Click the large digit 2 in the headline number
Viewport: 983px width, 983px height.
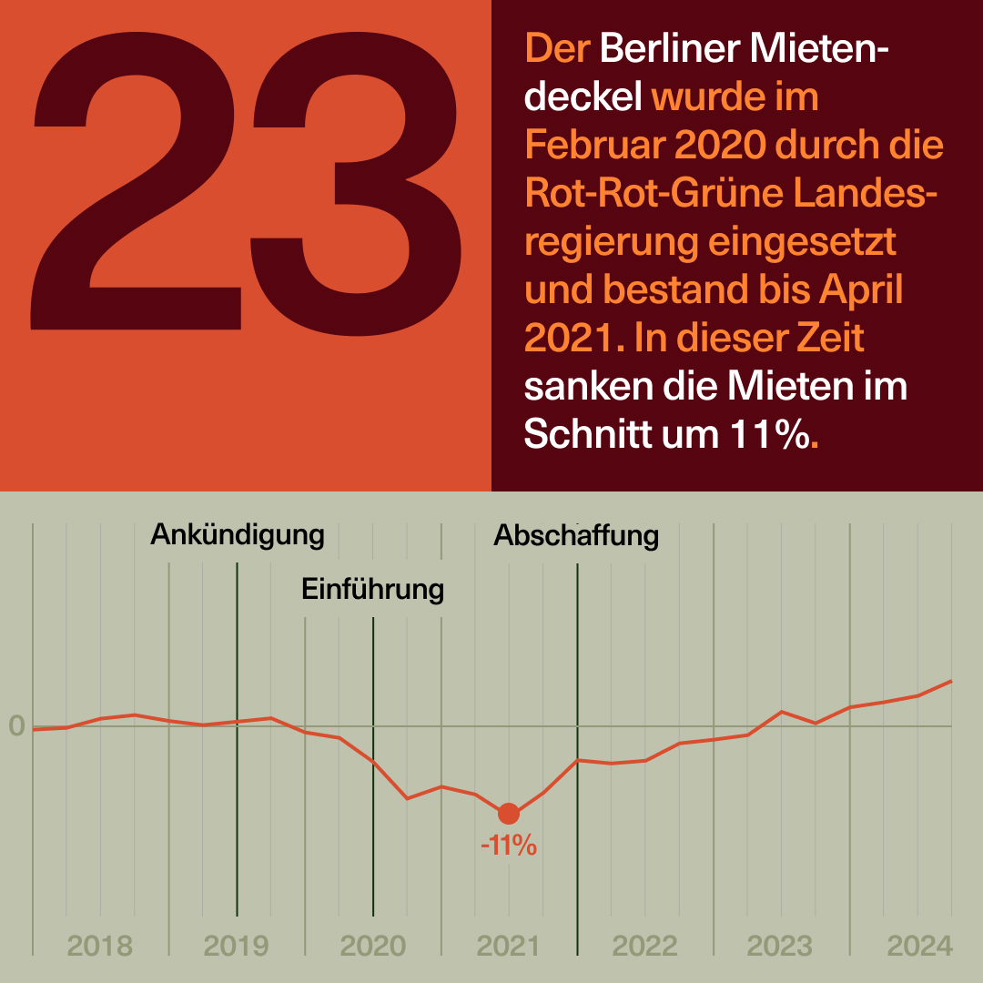point(137,182)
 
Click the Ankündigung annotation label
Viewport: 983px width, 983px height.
point(238,534)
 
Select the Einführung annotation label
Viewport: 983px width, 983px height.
point(372,589)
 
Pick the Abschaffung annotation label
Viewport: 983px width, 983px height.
point(576,535)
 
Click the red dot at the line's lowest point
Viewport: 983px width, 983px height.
point(509,814)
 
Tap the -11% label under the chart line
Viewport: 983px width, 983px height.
point(509,846)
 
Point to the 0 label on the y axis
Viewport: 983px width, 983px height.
point(16,726)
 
